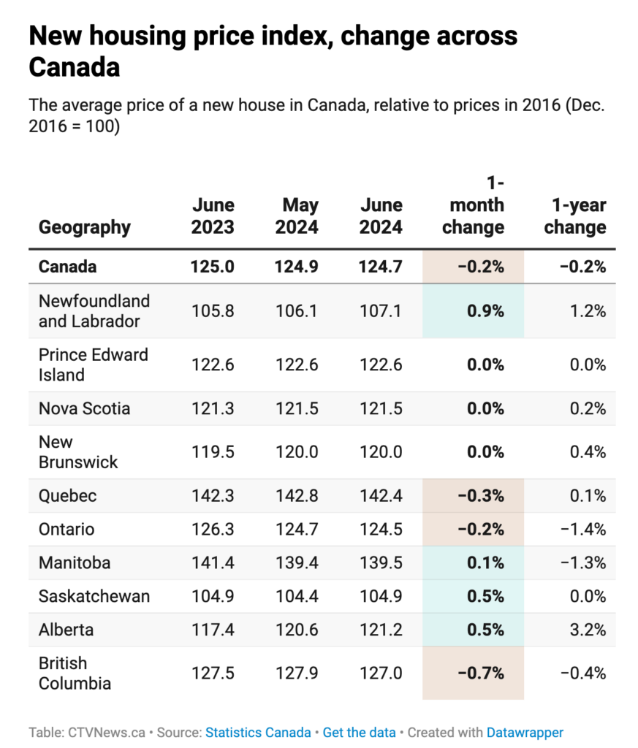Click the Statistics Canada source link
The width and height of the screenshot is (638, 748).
click(x=258, y=732)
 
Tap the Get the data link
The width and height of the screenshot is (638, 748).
click(x=359, y=732)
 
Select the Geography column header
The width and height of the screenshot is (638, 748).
click(x=85, y=227)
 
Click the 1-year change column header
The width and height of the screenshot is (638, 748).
click(x=575, y=216)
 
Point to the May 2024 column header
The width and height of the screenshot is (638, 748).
click(x=297, y=216)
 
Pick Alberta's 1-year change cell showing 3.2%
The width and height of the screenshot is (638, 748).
click(x=588, y=630)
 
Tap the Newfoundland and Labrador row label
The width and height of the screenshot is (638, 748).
click(x=94, y=311)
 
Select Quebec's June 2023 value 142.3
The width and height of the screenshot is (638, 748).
click(x=213, y=496)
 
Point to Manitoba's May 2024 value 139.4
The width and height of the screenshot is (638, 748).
click(x=297, y=563)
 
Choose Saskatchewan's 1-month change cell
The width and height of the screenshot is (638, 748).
click(x=485, y=596)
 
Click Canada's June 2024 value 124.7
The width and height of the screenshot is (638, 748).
click(x=381, y=267)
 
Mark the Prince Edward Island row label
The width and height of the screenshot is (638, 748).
click(x=94, y=365)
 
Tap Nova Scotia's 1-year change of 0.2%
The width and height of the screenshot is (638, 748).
click(x=588, y=408)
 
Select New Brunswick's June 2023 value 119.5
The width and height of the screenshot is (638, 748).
click(x=213, y=452)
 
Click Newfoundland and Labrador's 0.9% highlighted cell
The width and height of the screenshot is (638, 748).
click(x=485, y=311)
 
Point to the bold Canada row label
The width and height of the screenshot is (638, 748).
click(x=67, y=267)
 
